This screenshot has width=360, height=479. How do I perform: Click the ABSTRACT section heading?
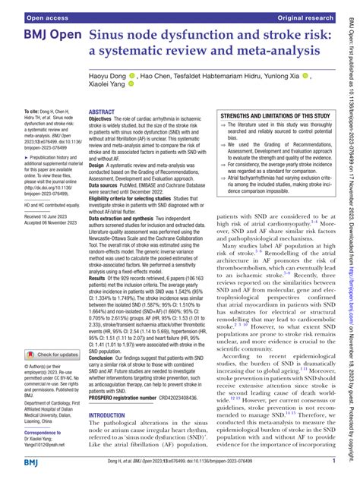105,111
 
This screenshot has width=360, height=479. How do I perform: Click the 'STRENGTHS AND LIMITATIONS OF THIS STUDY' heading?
275,116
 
